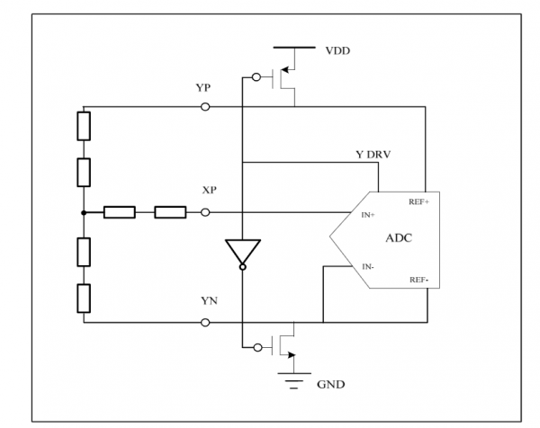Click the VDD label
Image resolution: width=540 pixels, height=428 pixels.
click(x=337, y=51)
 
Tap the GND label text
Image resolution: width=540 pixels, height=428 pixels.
click(x=330, y=384)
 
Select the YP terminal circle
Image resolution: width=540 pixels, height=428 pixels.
click(x=205, y=107)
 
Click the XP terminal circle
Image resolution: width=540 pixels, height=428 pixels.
click(x=205, y=212)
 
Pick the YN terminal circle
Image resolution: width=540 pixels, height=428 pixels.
click(x=205, y=323)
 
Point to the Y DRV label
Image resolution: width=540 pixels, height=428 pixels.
click(x=373, y=155)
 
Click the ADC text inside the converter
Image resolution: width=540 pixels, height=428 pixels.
click(x=399, y=238)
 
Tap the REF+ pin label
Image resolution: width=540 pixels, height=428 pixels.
click(x=418, y=202)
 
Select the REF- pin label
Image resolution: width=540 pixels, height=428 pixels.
click(x=418, y=280)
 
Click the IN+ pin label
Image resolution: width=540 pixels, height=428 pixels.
click(x=368, y=215)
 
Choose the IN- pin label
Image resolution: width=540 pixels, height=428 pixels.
click(x=368, y=267)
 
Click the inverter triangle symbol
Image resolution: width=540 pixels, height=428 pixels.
click(x=243, y=252)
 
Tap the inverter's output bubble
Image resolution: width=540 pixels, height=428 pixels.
click(x=243, y=267)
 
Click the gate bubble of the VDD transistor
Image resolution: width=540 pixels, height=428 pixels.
click(x=256, y=77)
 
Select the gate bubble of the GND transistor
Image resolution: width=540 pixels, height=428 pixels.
click(x=257, y=348)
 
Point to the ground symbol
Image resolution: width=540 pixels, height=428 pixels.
click(x=294, y=380)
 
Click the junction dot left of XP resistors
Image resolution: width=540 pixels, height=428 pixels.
click(x=84, y=213)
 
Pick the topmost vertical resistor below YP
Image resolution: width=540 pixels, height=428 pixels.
click(x=84, y=126)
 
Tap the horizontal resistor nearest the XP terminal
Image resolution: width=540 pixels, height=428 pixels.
click(x=170, y=212)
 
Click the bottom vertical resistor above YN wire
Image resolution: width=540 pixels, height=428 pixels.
click(x=84, y=299)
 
